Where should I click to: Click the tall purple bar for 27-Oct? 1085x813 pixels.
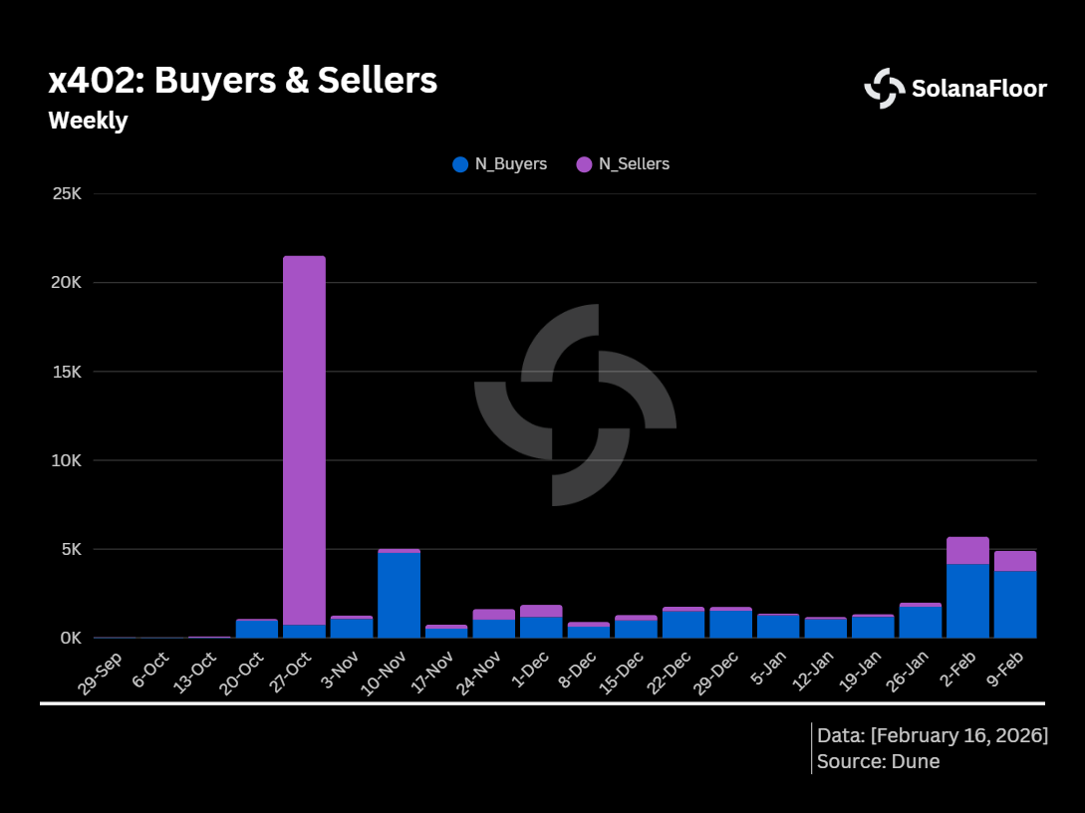pyautogui.click(x=304, y=438)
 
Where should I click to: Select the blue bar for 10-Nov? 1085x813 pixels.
pyautogui.click(x=399, y=595)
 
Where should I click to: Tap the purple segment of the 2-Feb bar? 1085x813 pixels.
pyautogui.click(x=967, y=550)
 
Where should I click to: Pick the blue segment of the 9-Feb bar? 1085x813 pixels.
pyautogui.click(x=1014, y=604)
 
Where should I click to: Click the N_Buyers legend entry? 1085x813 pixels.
pyautogui.click(x=500, y=164)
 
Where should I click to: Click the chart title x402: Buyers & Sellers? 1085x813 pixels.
pyautogui.click(x=242, y=81)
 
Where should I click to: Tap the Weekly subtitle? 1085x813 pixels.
pyautogui.click(x=88, y=121)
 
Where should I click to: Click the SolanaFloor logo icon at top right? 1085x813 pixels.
pyautogui.click(x=884, y=88)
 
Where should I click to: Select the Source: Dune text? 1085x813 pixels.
pyautogui.click(x=878, y=762)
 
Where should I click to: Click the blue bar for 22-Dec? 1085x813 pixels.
pyautogui.click(x=682, y=624)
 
